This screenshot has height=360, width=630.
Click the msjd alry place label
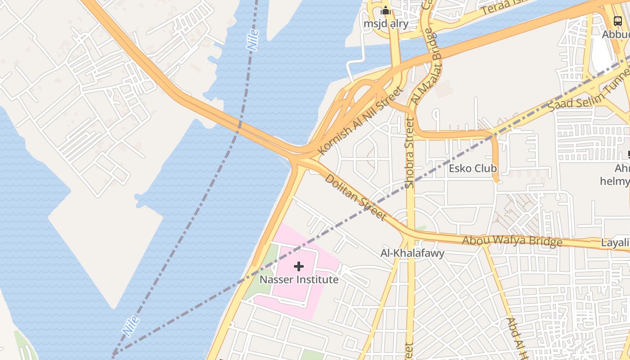point(386,23)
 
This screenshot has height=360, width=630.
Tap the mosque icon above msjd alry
point(386,10)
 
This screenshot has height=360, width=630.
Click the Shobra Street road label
point(409,153)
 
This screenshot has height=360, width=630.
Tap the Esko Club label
point(472,168)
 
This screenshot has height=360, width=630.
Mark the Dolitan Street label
point(356,197)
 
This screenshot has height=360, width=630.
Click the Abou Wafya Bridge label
point(512,241)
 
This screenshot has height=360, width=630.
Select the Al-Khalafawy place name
point(412,253)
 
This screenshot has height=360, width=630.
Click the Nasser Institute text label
point(299,279)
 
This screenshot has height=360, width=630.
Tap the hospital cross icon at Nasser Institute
point(299,266)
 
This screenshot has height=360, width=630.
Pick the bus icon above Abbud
point(618,21)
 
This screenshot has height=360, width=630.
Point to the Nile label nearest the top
point(253,40)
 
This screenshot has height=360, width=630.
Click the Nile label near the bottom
point(130,326)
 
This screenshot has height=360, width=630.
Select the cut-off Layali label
point(616,243)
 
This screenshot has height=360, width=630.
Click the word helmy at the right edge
point(616,181)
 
